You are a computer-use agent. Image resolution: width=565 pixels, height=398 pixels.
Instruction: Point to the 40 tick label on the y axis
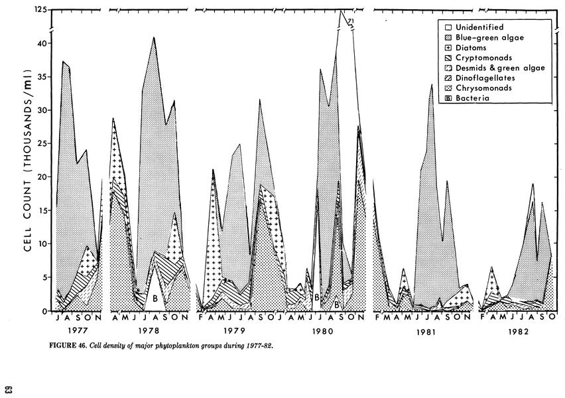[x=41, y=44]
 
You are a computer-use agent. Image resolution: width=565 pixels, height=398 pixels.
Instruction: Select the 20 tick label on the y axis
[x=41, y=177]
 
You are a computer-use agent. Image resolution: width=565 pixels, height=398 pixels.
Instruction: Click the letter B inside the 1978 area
[x=155, y=298]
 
